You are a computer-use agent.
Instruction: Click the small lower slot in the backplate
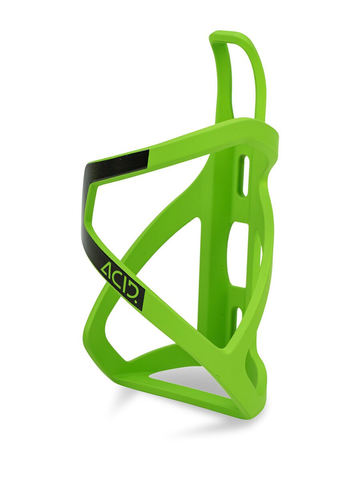[239, 318]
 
